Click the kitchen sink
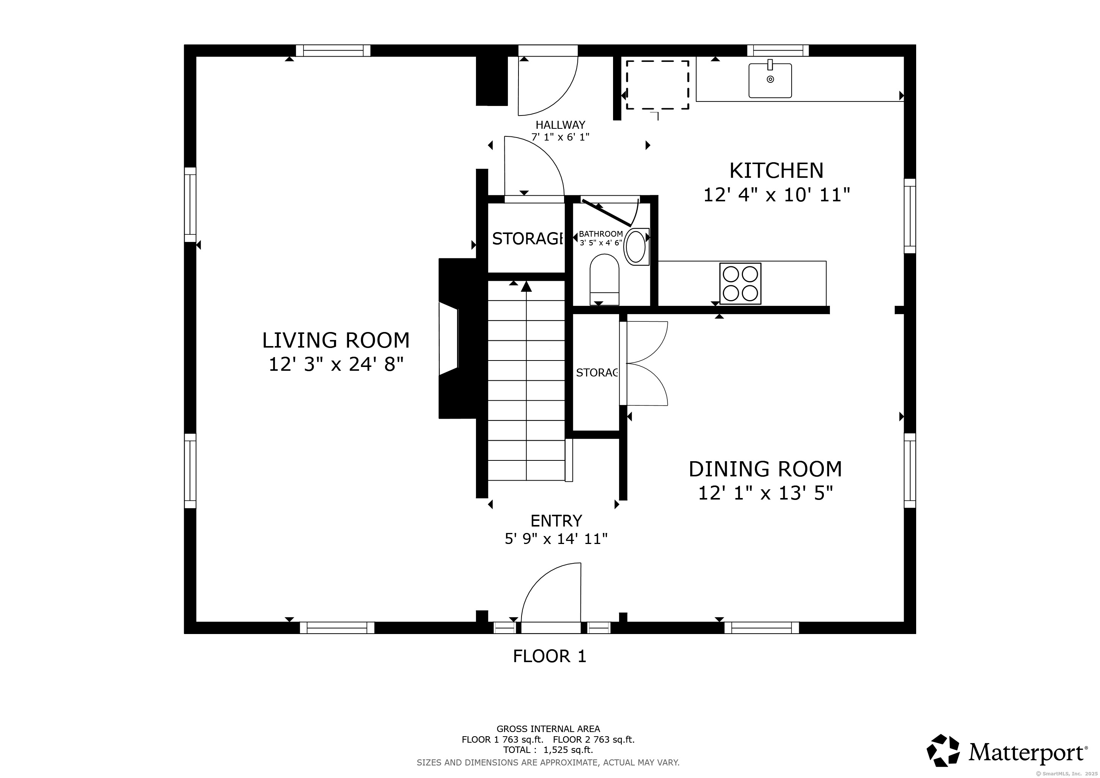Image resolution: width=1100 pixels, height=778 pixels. (x=770, y=80)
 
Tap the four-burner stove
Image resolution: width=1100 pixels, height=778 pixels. (x=740, y=284)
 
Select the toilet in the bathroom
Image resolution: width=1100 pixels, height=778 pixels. (x=605, y=279)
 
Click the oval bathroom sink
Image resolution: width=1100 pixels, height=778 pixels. (x=636, y=247)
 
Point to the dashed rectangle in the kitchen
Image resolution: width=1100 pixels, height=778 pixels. (x=657, y=85)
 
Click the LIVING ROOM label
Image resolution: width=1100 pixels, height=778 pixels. (x=336, y=340)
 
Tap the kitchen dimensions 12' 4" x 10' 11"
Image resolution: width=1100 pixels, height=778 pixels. (x=776, y=195)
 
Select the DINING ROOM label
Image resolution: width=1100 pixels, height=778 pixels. (x=765, y=469)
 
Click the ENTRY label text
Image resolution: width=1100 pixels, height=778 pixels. (x=556, y=521)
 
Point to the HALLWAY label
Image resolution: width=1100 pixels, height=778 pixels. (x=560, y=125)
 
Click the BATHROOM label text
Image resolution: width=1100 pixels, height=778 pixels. (x=601, y=234)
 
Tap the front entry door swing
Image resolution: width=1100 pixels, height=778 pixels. (x=551, y=592)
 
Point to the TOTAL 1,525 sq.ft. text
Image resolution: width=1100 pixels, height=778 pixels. (x=548, y=750)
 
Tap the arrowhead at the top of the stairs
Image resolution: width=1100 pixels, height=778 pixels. (x=526, y=286)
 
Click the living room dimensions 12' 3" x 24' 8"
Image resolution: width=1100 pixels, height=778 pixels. (x=336, y=365)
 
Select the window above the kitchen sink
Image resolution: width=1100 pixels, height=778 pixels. (x=778, y=50)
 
